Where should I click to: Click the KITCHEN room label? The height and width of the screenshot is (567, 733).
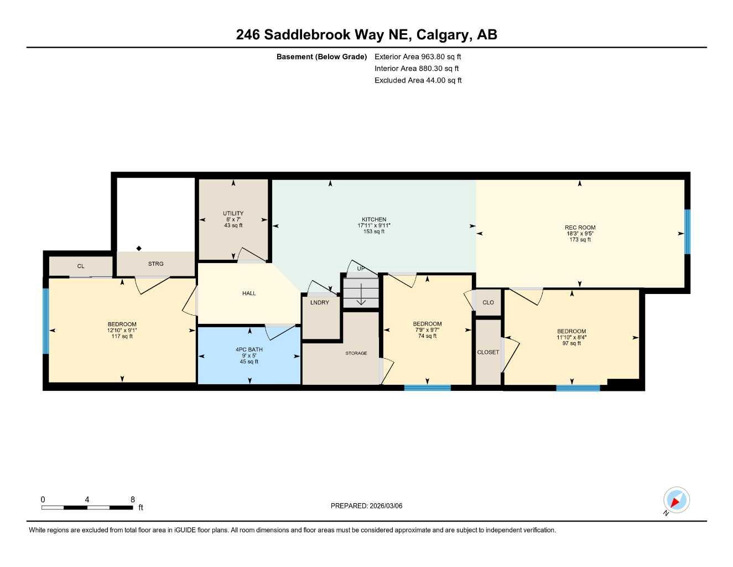coord(374,220)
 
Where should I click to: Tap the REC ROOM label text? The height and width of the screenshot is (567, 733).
coord(580,228)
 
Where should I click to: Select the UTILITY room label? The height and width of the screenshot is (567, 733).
coord(233,214)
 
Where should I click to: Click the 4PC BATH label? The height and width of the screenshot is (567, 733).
coord(249,350)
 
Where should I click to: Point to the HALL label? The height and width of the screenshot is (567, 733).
coord(249,293)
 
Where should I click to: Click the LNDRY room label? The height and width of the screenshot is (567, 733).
coord(320,303)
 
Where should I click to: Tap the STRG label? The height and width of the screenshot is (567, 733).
coord(155,264)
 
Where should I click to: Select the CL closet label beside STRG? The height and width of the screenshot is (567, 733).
coord(81,266)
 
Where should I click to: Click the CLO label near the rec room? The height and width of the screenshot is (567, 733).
coord(488,302)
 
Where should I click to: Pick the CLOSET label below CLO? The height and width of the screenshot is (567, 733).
coord(488,352)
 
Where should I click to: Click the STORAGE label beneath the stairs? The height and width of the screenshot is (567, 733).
coord(356,353)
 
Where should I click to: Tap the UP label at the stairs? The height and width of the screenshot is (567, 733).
coord(361,269)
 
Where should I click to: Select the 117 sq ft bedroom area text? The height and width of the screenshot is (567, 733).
coord(122,336)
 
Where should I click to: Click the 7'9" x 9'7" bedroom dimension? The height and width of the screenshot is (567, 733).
coord(427,330)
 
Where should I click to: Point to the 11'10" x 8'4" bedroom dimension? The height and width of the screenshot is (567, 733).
coord(571,337)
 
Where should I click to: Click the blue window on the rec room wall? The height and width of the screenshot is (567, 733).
coord(688,231)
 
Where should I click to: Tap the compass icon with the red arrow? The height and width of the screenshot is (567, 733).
coord(676,501)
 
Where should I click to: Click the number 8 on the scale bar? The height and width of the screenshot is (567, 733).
coord(133,499)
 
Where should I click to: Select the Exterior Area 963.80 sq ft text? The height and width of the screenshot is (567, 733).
coord(418,56)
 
